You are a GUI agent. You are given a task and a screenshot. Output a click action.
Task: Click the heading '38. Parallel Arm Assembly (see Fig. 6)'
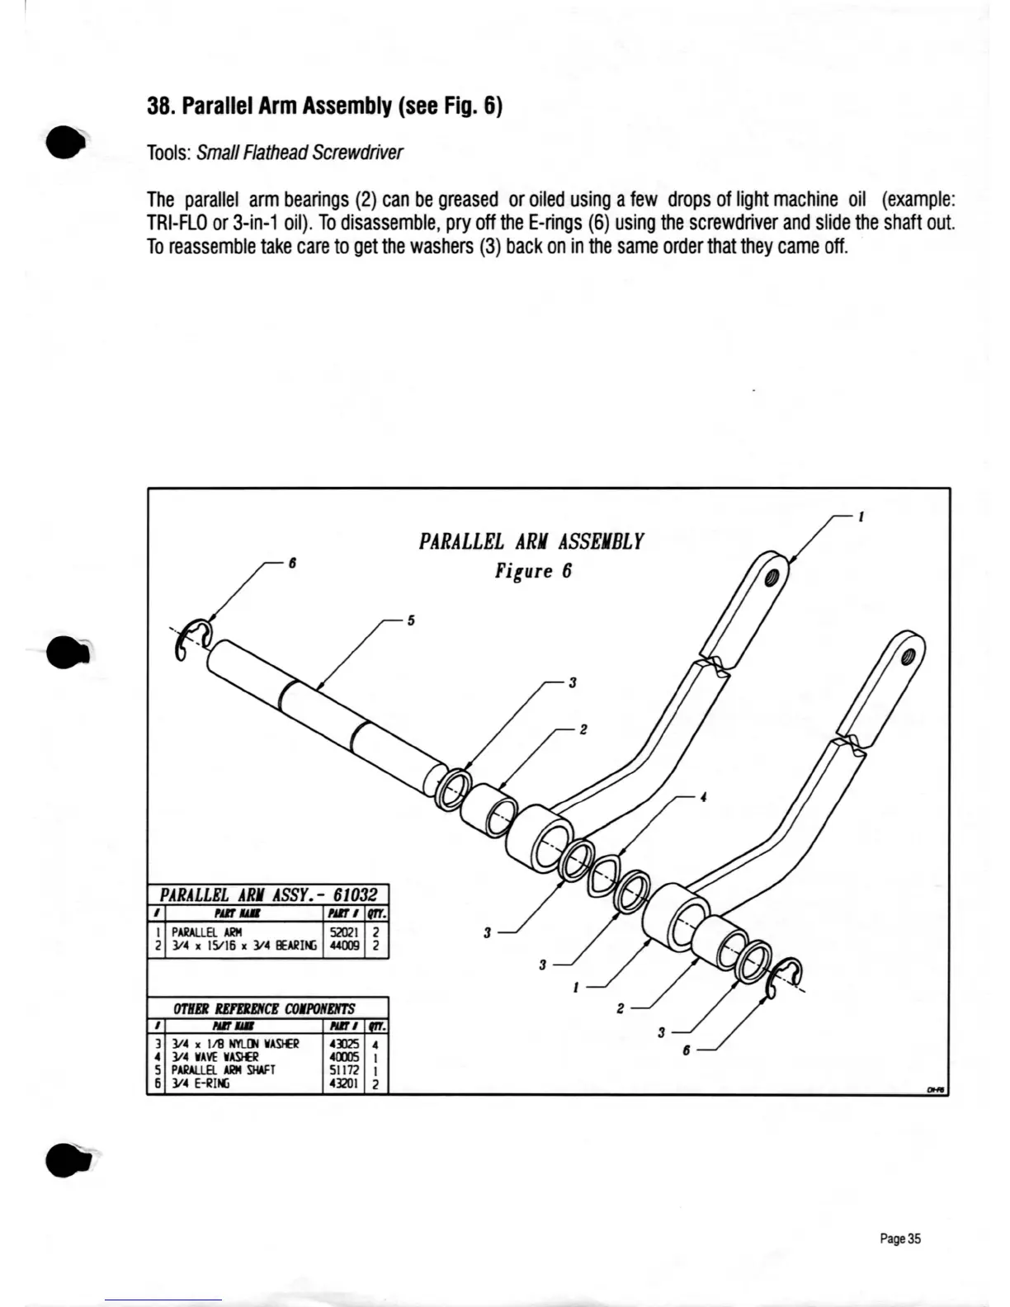(324, 106)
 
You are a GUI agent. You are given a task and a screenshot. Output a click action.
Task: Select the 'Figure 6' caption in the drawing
(533, 571)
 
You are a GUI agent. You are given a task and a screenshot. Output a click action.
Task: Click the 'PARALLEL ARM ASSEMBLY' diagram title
(531, 542)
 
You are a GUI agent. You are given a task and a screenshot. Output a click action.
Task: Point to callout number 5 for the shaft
(410, 620)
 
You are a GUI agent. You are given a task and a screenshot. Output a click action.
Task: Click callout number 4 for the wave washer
(703, 798)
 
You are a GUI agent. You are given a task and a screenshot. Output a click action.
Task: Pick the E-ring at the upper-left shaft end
(193, 639)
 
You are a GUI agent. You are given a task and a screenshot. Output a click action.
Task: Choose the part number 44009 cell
(342, 947)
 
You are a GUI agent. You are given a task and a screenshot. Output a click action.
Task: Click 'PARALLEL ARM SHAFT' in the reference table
(218, 1070)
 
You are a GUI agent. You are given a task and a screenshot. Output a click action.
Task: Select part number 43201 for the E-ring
(343, 1084)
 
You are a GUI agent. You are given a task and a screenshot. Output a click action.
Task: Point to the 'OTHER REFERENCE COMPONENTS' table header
(264, 1008)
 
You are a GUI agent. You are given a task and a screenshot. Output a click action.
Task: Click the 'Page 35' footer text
(899, 1239)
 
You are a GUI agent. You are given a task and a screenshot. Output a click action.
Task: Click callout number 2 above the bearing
(583, 729)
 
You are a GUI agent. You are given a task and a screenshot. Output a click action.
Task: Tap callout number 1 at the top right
(861, 517)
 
